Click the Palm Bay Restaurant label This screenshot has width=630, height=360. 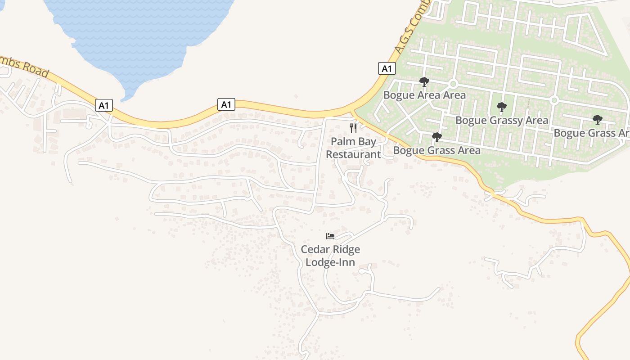(353, 148)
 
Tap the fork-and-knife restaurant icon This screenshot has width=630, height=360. (353, 128)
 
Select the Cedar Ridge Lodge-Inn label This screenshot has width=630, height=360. (330, 256)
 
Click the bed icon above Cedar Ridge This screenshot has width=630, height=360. (330, 236)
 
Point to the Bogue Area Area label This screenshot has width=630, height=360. (424, 95)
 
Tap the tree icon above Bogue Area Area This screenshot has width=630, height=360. (424, 82)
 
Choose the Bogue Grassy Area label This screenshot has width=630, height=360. (502, 120)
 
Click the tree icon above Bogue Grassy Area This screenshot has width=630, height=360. (501, 107)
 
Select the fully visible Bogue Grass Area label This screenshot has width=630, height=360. (436, 150)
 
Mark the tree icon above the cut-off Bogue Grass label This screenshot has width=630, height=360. (597, 120)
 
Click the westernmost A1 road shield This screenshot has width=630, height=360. (104, 106)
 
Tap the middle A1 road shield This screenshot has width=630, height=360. (226, 105)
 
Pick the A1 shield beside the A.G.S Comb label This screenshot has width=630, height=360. (387, 69)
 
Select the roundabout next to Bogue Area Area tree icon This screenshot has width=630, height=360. (453, 84)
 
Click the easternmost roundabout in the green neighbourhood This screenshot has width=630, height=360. (554, 100)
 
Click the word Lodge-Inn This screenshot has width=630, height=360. (330, 262)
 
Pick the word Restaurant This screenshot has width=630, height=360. (353, 154)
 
